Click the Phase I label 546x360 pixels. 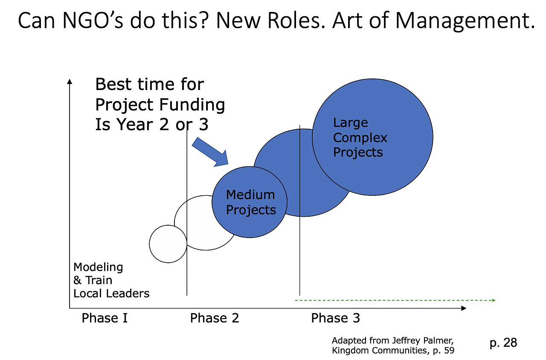pyautogui.click(x=105, y=318)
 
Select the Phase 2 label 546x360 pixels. pyautogui.click(x=215, y=318)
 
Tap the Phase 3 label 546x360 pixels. pyautogui.click(x=335, y=318)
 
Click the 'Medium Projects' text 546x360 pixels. pyautogui.click(x=251, y=202)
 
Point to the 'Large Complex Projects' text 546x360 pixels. pyautogui.click(x=360, y=137)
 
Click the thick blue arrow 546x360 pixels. pyautogui.click(x=210, y=152)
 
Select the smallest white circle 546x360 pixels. pyautogui.click(x=168, y=244)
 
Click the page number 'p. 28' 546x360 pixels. pyautogui.click(x=503, y=343)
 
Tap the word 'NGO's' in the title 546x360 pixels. pyautogui.click(x=93, y=20)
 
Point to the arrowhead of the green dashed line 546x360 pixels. pyautogui.click(x=494, y=300)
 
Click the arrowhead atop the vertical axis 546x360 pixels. pyautogui.click(x=70, y=81)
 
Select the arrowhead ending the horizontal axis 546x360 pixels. pyautogui.click(x=464, y=308)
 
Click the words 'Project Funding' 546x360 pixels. pyautogui.click(x=160, y=105)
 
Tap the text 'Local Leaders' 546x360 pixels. pyautogui.click(x=111, y=293)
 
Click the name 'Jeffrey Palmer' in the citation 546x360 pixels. pyautogui.click(x=423, y=340)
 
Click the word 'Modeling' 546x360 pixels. pyautogui.click(x=98, y=267)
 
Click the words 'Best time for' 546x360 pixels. pyautogui.click(x=149, y=84)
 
